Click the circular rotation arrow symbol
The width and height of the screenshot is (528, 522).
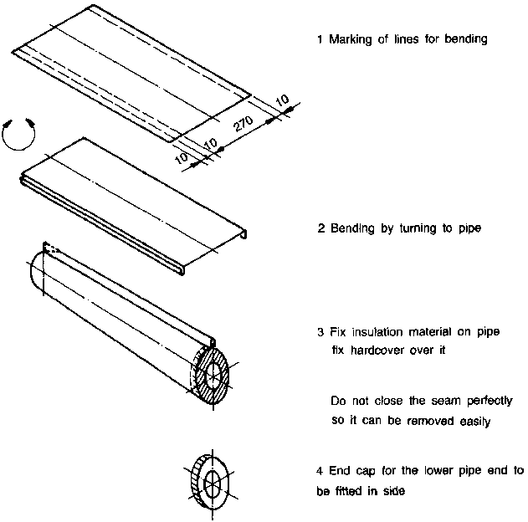click(20, 135)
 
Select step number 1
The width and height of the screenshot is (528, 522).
click(320, 39)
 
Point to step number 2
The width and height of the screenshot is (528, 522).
click(320, 228)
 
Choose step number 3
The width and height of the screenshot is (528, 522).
click(320, 332)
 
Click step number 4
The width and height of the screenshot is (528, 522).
click(320, 471)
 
